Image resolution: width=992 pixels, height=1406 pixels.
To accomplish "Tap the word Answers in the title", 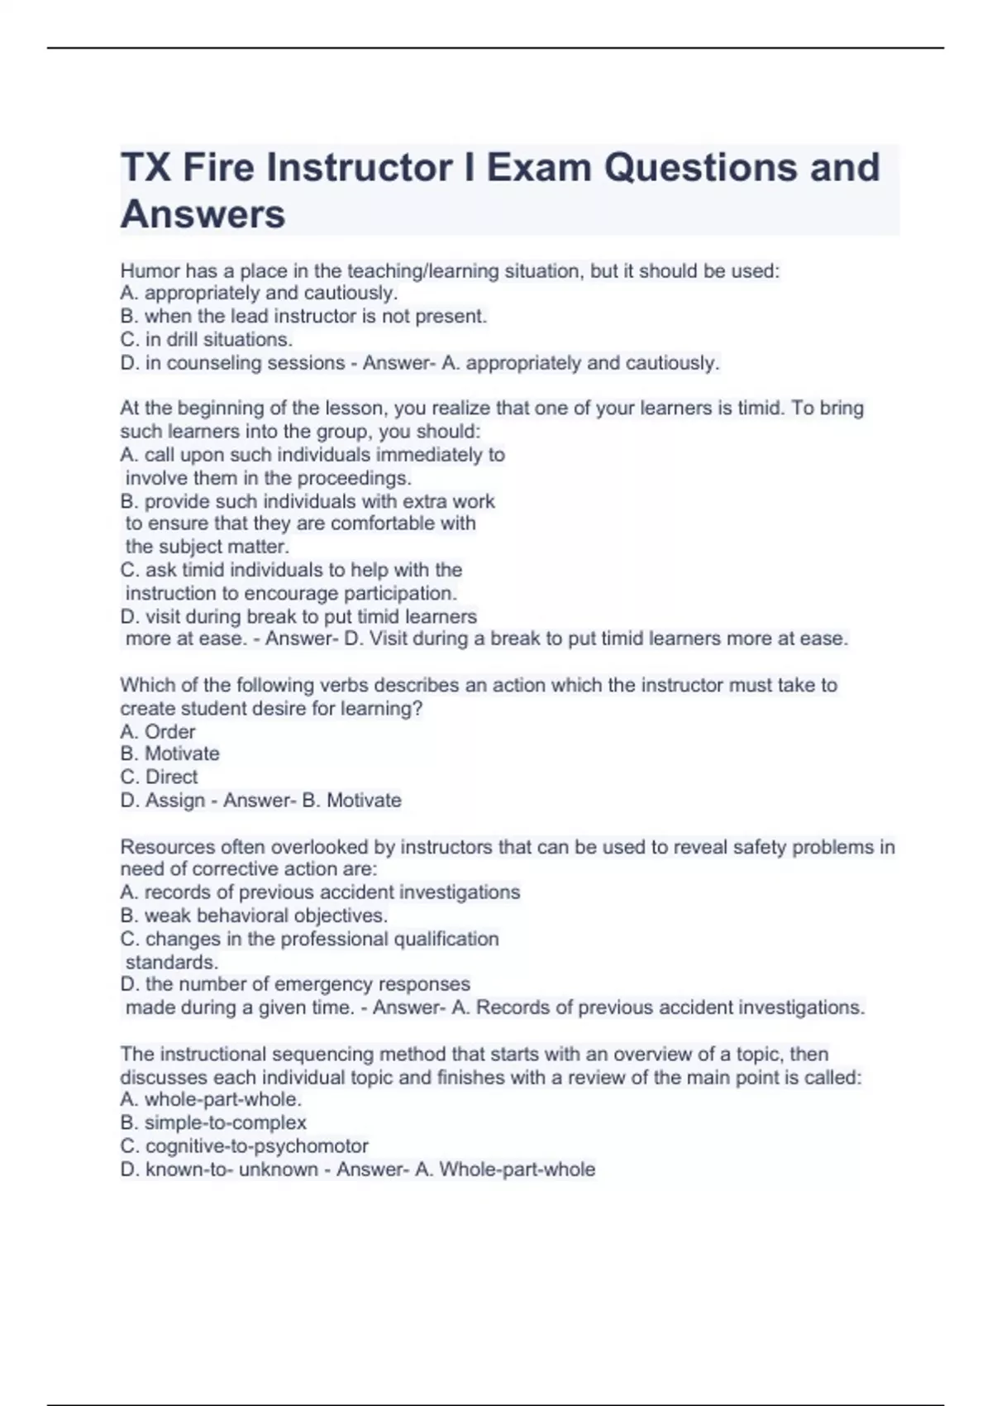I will pos(203,214).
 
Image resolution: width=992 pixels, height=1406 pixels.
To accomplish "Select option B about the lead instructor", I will pos(303,316).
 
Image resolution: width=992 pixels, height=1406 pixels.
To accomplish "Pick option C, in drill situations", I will pos(207,339).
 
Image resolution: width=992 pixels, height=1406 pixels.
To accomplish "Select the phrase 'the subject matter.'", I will pos(207,547).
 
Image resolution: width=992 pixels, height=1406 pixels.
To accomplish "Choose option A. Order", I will pos(158,732).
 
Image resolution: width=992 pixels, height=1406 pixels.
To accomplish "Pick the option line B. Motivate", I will pos(169,753).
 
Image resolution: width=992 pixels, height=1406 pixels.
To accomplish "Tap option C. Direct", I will pos(159,777).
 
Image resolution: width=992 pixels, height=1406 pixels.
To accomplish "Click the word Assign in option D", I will pos(175,800).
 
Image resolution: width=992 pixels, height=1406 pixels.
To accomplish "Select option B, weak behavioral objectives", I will pos(254,916).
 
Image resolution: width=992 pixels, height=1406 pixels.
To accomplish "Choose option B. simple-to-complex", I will pos(213,1122).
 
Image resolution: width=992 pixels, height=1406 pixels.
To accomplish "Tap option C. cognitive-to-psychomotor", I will pos(244,1145).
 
